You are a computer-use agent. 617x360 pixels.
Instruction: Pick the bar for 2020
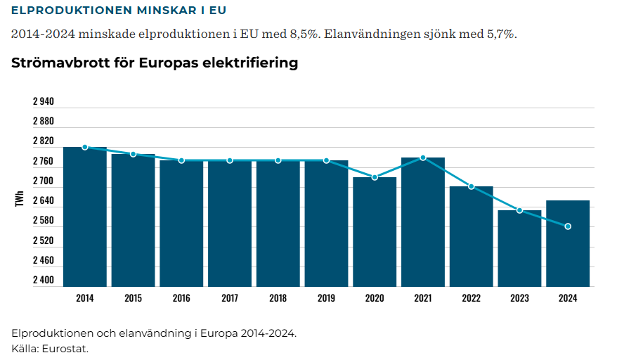tap(375, 232)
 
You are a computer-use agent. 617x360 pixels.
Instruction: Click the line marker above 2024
tap(568, 226)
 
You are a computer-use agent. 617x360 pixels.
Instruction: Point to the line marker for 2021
tap(423, 157)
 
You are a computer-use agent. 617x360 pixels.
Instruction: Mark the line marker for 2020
tap(375, 177)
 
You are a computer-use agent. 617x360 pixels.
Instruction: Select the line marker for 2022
tap(472, 186)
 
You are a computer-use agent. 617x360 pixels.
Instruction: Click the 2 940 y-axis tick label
tap(43, 101)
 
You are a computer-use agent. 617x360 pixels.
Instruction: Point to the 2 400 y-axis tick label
tap(43, 281)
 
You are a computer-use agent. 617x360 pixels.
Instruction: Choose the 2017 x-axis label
tap(230, 298)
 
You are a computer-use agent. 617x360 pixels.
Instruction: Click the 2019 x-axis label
tap(326, 298)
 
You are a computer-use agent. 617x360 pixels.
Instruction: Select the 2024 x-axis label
tap(568, 298)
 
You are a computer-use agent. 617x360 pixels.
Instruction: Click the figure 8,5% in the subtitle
tap(302, 34)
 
